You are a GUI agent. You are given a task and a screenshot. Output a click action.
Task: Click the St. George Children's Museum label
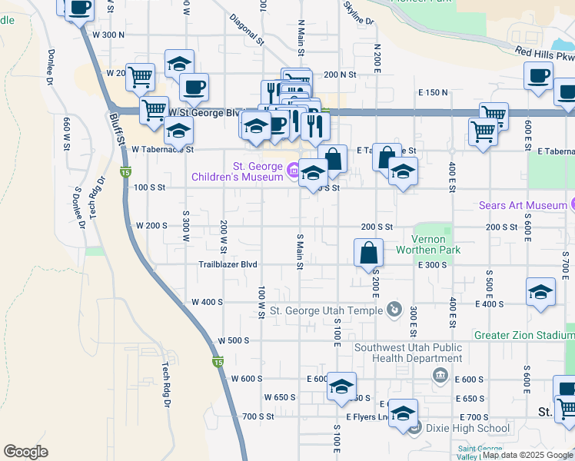pyautogui.click(x=238, y=172)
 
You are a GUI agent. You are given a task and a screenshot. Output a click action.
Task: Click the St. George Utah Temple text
pyautogui.click(x=326, y=310)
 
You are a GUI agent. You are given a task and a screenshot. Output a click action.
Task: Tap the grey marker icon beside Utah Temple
pyautogui.click(x=394, y=310)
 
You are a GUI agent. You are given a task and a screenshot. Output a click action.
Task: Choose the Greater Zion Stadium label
pyautogui.click(x=523, y=336)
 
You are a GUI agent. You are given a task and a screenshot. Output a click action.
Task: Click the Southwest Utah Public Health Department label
pyautogui.click(x=408, y=353)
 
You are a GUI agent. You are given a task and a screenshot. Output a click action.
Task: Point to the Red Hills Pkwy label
pyautogui.click(x=544, y=55)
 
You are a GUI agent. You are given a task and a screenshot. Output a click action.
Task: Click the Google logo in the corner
pyautogui.click(x=25, y=452)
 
